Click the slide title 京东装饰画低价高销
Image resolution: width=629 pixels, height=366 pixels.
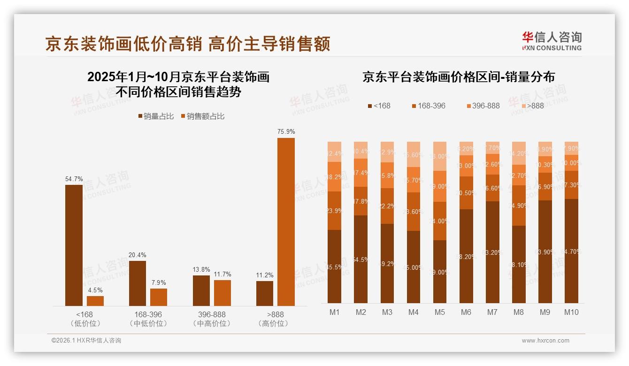188,44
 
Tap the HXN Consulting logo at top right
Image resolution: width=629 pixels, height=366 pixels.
552,41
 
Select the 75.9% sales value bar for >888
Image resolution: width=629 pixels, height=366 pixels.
286,221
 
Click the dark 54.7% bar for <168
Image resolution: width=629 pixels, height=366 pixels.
74,245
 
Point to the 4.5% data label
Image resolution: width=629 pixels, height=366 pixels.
95,290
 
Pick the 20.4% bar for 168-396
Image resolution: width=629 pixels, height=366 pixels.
137,283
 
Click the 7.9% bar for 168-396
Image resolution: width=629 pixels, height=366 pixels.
159,297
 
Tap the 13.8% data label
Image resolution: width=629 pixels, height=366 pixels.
201,269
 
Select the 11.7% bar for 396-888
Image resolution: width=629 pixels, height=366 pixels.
222,293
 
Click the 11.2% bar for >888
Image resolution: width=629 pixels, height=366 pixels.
265,293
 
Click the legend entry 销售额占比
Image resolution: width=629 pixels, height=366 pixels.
202,116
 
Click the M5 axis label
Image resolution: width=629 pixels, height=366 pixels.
439,313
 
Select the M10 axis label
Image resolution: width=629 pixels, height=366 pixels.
571,313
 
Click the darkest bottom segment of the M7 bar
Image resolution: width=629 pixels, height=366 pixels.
492,252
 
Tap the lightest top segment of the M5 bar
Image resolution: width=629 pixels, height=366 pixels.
440,156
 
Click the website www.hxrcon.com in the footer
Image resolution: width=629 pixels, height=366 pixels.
545,341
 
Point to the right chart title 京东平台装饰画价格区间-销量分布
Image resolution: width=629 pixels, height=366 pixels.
458,77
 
